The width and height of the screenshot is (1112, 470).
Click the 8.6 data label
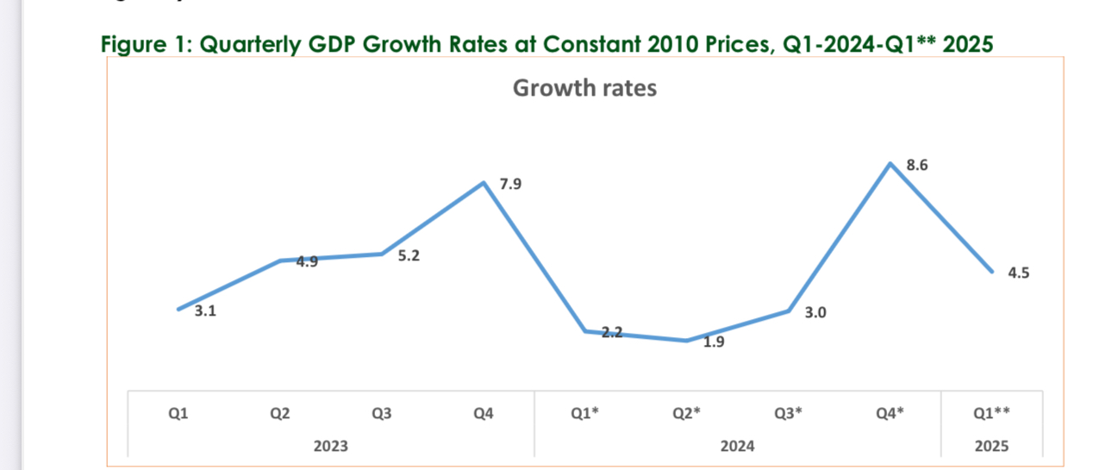[x=917, y=166]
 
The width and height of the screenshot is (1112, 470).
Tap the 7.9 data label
[x=510, y=185]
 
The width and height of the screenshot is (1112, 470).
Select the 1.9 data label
[x=714, y=342]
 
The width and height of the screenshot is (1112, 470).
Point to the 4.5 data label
[x=1018, y=273]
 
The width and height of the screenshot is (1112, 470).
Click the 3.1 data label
[x=205, y=312]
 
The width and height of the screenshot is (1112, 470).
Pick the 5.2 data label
[x=409, y=256]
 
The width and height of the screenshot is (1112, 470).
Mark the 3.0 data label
[x=815, y=313]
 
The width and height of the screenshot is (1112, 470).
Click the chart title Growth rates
[x=584, y=88]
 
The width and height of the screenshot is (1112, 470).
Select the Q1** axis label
[x=991, y=414]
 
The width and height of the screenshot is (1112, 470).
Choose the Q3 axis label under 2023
[x=381, y=414]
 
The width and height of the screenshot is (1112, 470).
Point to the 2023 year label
[x=331, y=446]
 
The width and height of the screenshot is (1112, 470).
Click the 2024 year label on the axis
[x=738, y=446]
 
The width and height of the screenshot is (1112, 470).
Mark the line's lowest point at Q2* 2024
[x=686, y=341]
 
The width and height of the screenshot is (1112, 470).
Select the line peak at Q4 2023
[x=484, y=182]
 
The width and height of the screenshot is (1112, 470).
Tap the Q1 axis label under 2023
[x=178, y=414]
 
